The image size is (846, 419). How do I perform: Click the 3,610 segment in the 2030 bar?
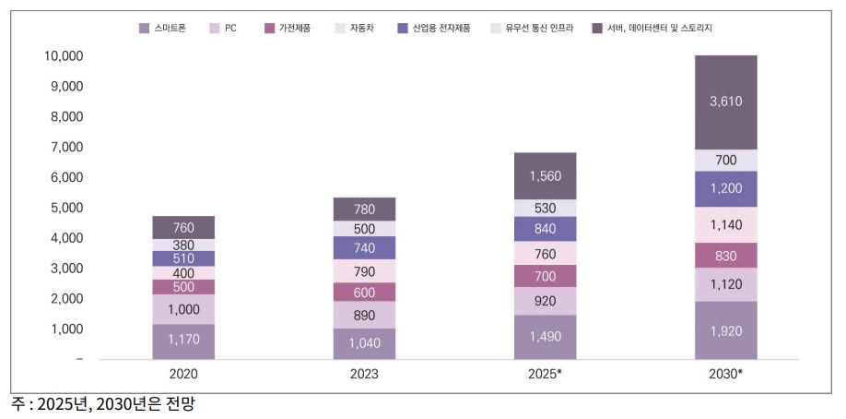pyautogui.click(x=725, y=102)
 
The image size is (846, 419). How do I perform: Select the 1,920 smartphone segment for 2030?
pyautogui.click(x=725, y=329)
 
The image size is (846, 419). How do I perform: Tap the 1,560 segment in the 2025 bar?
pyautogui.click(x=545, y=175)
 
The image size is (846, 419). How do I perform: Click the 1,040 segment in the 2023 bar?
pyautogui.click(x=364, y=343)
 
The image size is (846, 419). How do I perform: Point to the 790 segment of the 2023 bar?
pyautogui.click(x=364, y=271)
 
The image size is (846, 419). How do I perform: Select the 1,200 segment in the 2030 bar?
pyautogui.click(x=725, y=189)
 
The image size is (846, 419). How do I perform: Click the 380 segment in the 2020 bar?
pyautogui.click(x=183, y=245)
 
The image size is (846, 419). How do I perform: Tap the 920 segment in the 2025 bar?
pyautogui.click(x=545, y=301)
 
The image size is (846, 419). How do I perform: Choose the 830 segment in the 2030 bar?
pyautogui.click(x=725, y=256)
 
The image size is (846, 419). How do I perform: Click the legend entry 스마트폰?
pyautogui.click(x=167, y=28)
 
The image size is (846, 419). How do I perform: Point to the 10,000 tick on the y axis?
pyautogui.click(x=64, y=56)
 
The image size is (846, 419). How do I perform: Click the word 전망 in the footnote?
pyautogui.click(x=181, y=404)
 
